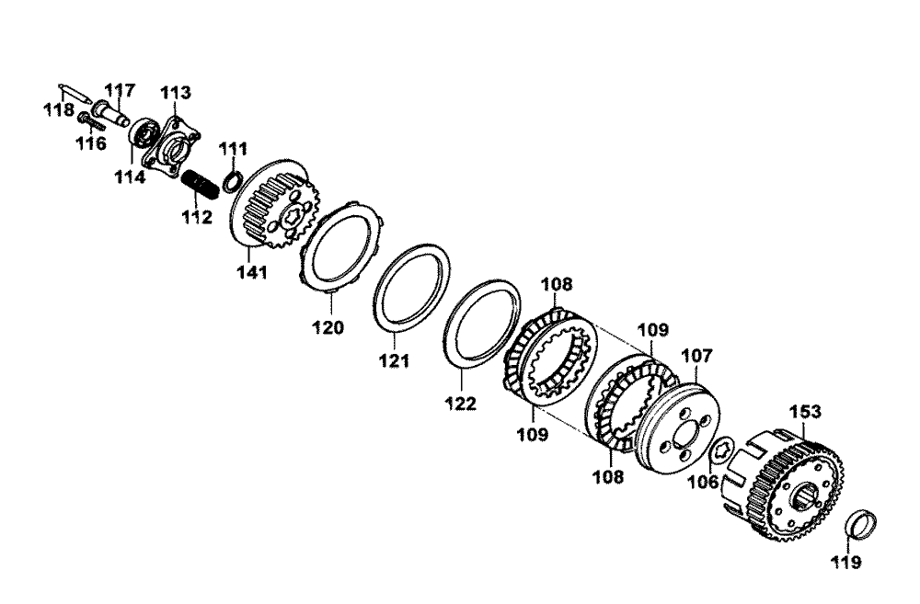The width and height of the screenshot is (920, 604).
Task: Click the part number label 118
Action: click(x=59, y=109)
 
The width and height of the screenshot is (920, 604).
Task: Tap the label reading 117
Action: click(x=120, y=90)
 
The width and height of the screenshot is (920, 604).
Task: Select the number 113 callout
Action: click(x=176, y=93)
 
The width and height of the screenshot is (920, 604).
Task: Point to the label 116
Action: click(x=91, y=143)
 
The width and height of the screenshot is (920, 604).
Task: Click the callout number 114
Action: click(x=130, y=177)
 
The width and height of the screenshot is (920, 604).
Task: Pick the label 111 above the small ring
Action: click(x=234, y=149)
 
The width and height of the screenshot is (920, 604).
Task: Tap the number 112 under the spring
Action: click(x=197, y=217)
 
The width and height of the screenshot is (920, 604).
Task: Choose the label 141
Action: click(x=252, y=272)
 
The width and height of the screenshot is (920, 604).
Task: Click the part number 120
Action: click(x=328, y=328)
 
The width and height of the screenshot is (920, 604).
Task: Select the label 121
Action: click(x=394, y=360)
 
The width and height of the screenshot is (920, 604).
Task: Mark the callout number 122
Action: click(x=461, y=404)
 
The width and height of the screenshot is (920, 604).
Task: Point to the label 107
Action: click(x=696, y=356)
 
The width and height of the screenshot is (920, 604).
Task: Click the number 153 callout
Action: click(x=805, y=412)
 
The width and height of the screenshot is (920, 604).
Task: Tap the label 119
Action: click(x=846, y=563)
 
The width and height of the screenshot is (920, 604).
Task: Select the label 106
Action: click(x=703, y=482)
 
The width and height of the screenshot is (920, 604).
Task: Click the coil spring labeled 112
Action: click(x=200, y=184)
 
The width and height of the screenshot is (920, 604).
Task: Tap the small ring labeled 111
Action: click(x=232, y=182)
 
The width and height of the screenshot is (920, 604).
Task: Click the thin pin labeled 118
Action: click(x=75, y=93)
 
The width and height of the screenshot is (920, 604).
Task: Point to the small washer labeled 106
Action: click(x=720, y=451)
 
